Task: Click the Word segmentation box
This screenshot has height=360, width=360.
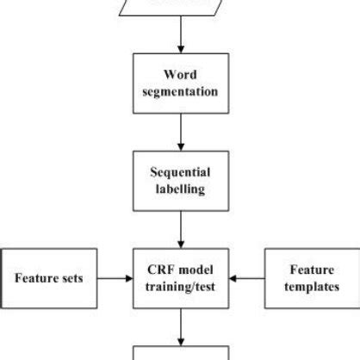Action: [180, 84]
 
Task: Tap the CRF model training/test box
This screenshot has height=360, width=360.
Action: [180, 278]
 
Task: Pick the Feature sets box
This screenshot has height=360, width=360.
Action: [49, 278]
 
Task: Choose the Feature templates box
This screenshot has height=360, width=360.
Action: [311, 278]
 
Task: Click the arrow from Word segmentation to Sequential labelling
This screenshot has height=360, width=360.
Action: [180, 133]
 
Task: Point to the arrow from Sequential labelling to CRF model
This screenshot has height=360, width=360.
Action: [180, 229]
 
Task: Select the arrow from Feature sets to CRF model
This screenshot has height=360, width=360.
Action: [115, 278]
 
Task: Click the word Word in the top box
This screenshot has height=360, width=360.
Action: [180, 75]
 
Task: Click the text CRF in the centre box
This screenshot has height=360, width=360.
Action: [160, 269]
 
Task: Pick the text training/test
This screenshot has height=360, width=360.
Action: [180, 288]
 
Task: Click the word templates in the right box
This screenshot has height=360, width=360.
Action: [311, 288]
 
